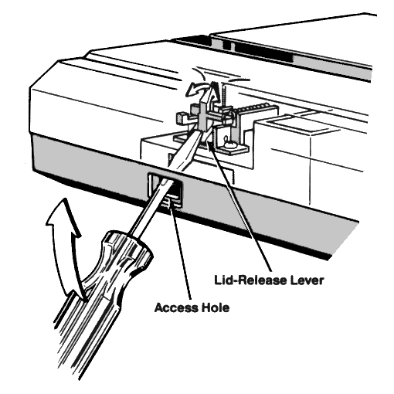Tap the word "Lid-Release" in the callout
(x=249, y=280)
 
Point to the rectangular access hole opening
(x=165, y=189)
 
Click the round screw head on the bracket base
(x=229, y=144)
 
